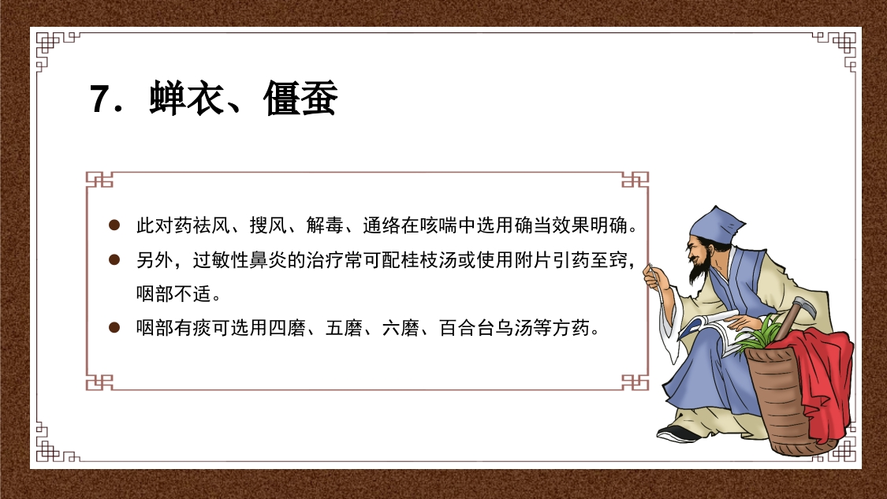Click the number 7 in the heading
coord(100,101)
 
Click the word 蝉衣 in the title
coord(185,100)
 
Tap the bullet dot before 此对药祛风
coord(114,225)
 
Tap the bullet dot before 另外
coord(114,259)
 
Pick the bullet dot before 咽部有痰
coord(114,327)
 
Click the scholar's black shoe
coord(679,433)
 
